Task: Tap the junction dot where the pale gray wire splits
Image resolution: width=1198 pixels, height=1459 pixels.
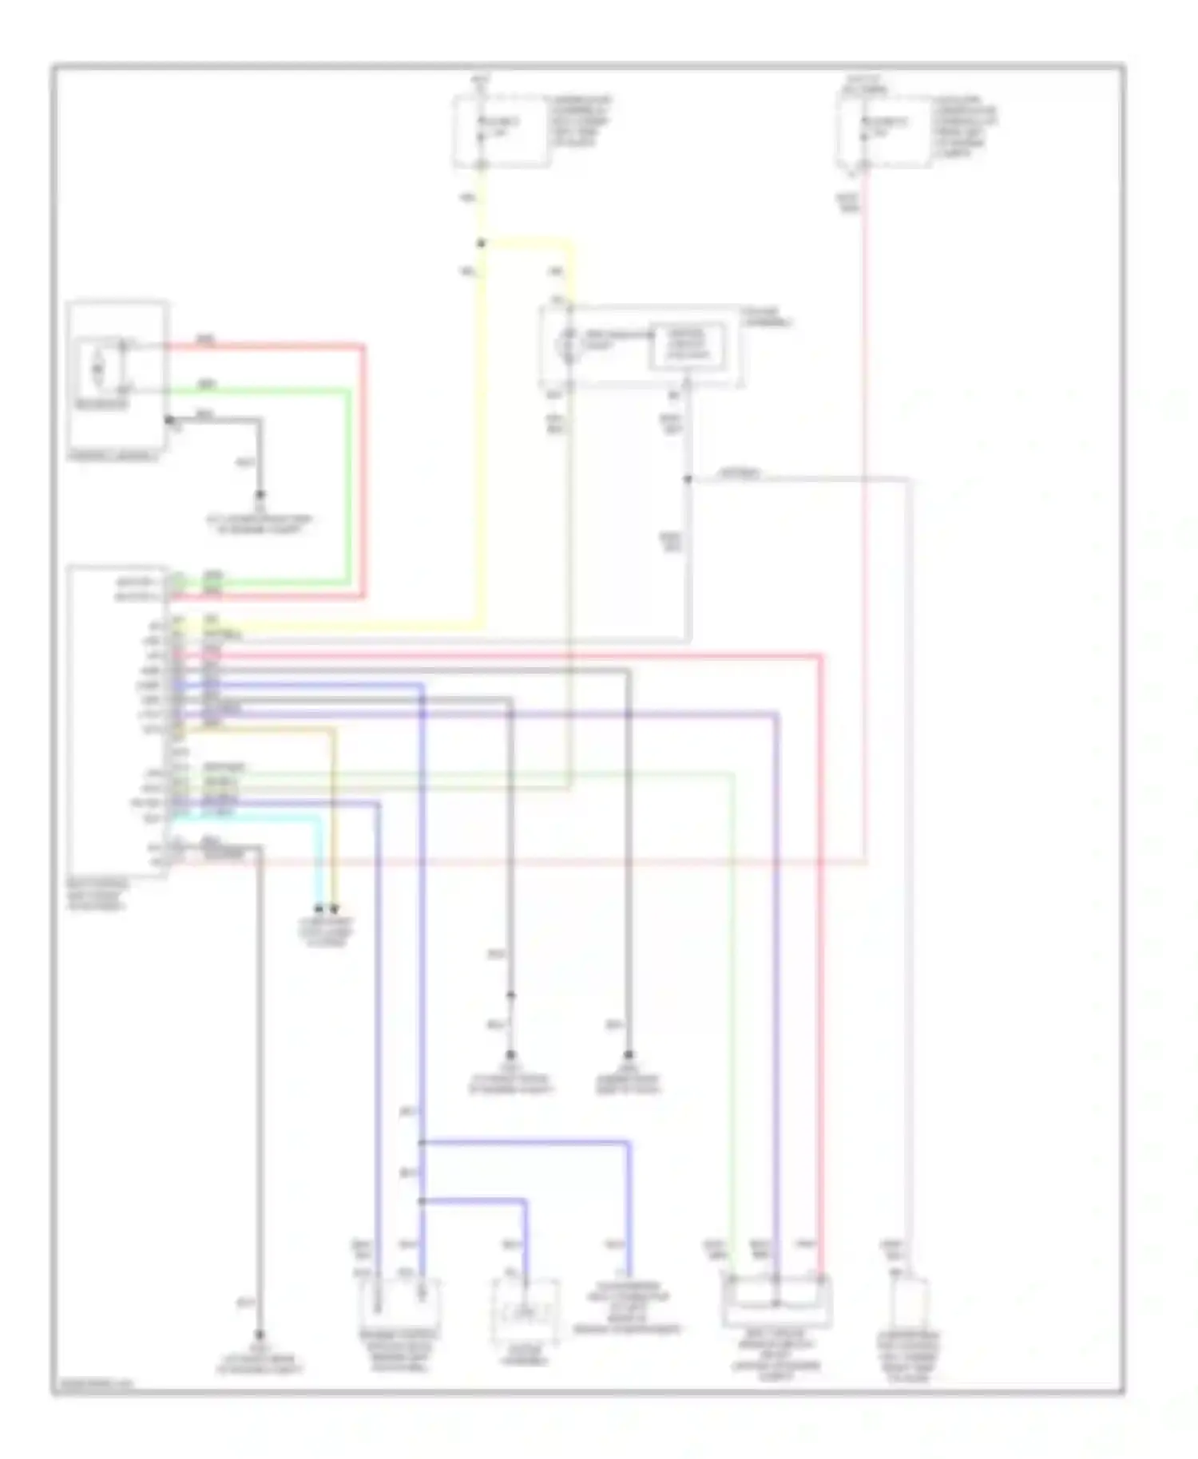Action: pyautogui.click(x=688, y=480)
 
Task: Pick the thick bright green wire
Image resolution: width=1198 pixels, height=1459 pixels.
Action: pyautogui.click(x=348, y=487)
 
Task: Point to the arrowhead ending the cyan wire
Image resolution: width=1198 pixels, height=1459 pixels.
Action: pyautogui.click(x=319, y=908)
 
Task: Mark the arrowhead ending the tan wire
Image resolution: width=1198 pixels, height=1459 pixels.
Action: pyautogui.click(x=335, y=908)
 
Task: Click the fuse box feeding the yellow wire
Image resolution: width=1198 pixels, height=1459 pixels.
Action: pyautogui.click(x=502, y=132)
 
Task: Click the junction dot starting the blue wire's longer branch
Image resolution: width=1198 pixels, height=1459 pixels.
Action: pyautogui.click(x=422, y=1144)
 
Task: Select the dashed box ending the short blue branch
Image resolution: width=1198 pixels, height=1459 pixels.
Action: pyautogui.click(x=525, y=1313)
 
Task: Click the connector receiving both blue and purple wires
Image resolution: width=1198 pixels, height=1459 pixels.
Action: pyautogui.click(x=399, y=1301)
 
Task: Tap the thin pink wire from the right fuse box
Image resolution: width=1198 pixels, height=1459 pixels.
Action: pyautogui.click(x=865, y=559)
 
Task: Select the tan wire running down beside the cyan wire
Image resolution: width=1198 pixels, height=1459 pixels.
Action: pyautogui.click(x=334, y=814)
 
